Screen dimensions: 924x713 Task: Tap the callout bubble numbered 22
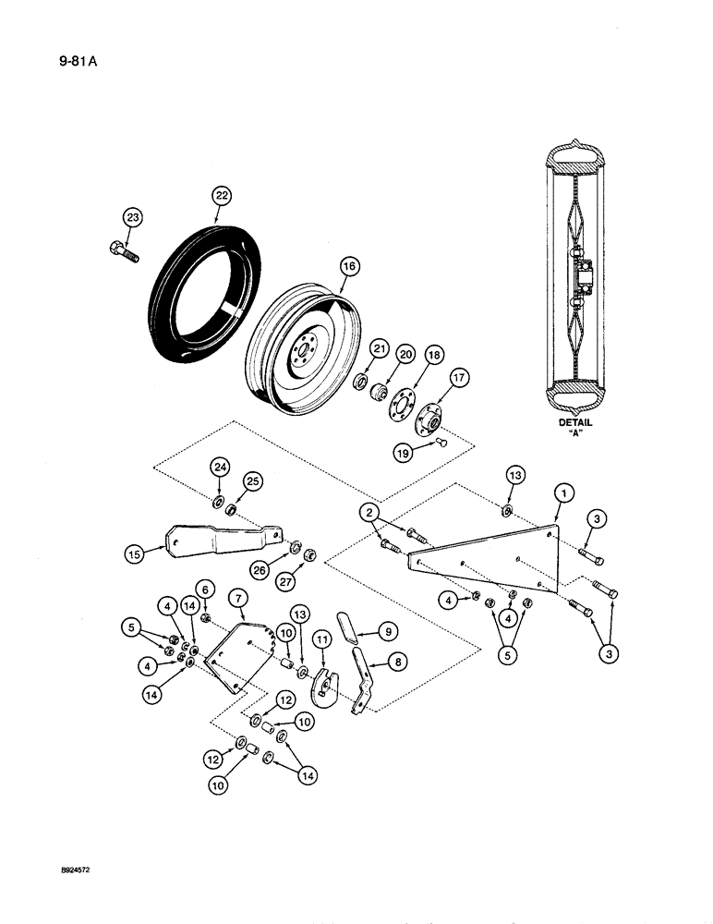tap(222, 195)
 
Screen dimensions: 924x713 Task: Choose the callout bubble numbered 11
tap(321, 638)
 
